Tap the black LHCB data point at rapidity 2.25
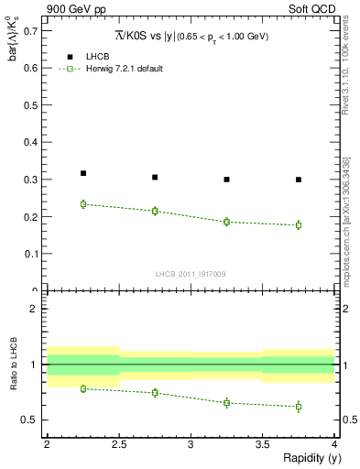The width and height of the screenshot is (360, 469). coord(83,173)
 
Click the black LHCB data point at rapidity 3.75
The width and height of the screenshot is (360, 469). coord(299,180)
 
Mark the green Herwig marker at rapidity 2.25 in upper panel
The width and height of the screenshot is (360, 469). coord(83,204)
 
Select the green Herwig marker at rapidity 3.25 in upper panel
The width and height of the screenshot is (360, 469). coord(227,222)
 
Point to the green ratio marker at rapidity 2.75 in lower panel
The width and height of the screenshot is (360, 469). coord(155,392)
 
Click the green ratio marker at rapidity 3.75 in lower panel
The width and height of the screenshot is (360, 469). coord(299,407)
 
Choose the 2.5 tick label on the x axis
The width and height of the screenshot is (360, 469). coord(119,443)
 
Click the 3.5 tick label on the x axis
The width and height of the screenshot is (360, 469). coord(263,443)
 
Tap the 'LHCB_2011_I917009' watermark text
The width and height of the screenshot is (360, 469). coord(191,273)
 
